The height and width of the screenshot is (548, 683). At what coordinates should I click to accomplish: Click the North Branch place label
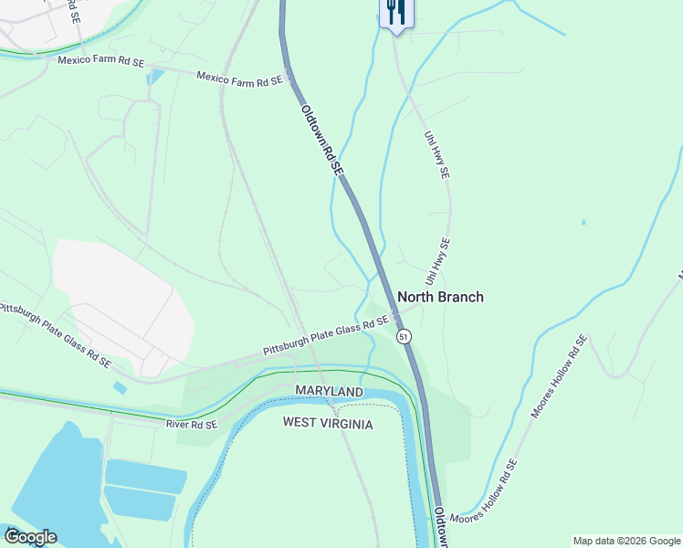coord(440,297)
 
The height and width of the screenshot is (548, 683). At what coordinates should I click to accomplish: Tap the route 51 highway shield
coord(404,337)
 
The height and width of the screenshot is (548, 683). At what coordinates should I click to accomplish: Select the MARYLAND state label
coord(329,391)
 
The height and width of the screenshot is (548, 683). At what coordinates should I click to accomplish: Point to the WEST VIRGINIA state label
coord(327,423)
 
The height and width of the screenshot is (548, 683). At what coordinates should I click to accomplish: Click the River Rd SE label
coord(192,425)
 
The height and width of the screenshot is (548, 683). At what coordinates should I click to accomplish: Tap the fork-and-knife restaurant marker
coord(395,14)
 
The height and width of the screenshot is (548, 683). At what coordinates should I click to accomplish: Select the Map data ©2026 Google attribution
coord(625,541)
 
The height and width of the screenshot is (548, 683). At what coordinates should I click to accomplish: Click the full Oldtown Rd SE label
coord(321,140)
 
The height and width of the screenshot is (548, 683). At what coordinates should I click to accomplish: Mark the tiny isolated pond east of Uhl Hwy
coord(583,222)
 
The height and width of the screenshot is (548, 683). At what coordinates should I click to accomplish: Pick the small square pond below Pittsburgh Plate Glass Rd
coord(121,388)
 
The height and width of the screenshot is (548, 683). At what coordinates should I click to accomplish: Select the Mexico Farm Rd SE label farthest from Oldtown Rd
coord(100,61)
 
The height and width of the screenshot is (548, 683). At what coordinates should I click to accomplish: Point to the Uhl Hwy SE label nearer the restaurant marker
coord(436,153)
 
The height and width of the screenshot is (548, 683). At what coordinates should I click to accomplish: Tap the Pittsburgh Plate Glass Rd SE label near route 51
coord(326,336)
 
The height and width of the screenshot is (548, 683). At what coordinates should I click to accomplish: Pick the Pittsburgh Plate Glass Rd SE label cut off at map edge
coord(55,334)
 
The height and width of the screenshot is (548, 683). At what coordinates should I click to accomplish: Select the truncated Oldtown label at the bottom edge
coord(441,528)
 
